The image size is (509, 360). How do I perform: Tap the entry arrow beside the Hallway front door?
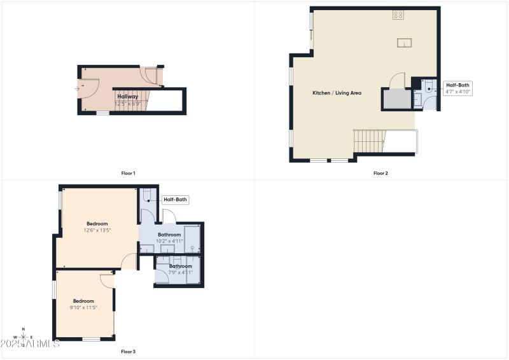click(77, 88)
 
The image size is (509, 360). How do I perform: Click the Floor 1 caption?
click(128, 173)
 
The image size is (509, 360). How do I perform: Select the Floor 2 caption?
click(380, 173)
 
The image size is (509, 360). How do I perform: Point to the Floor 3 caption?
click(128, 351)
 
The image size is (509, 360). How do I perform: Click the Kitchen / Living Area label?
click(337, 93)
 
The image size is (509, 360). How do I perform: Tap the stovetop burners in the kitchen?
click(398, 15)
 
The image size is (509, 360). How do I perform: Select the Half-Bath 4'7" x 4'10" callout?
click(458, 88)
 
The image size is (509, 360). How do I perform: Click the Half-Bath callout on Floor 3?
click(176, 200)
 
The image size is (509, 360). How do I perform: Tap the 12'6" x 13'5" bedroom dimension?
click(97, 230)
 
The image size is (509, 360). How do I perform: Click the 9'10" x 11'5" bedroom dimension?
click(83, 308)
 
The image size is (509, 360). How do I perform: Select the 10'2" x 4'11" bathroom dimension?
click(170, 241)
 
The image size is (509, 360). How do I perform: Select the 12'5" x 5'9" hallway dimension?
click(127, 103)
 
